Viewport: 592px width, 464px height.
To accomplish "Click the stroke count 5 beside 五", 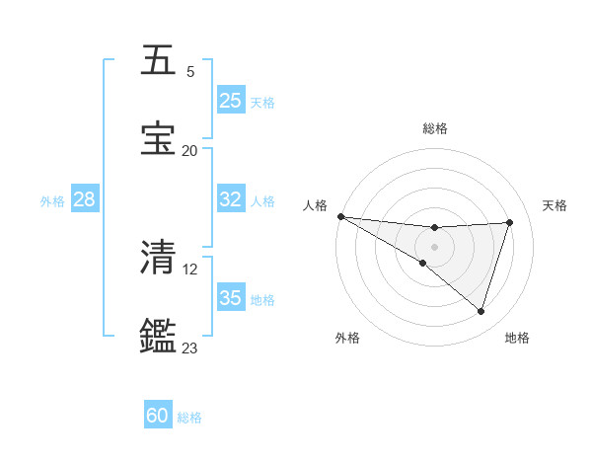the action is click(190, 72).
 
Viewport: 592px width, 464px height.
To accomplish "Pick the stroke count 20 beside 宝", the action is click(189, 151).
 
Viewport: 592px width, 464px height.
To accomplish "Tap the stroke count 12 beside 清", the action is click(191, 269).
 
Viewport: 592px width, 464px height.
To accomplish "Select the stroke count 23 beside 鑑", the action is click(189, 348).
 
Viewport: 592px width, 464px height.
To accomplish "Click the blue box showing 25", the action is click(231, 100).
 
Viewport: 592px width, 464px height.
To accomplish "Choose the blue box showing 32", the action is click(231, 199).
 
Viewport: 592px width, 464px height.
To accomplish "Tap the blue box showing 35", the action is click(231, 298).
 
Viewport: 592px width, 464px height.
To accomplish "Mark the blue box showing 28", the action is click(84, 199).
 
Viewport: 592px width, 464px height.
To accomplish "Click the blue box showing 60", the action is click(158, 417).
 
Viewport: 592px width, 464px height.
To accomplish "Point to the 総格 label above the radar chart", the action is click(435, 128).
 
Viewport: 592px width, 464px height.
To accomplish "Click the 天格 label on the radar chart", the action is click(555, 205).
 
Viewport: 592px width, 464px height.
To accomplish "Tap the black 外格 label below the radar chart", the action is click(347, 338).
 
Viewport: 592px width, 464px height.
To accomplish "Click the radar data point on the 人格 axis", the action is click(340, 216).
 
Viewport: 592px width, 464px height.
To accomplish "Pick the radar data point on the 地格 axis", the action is click(481, 311).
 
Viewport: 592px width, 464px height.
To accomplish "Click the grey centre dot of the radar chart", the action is click(434, 246).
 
